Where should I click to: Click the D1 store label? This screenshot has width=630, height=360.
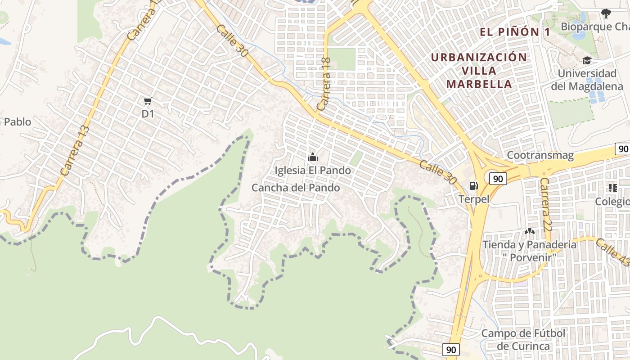(x=148, y=114)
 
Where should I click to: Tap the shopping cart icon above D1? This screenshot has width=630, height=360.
(x=148, y=101)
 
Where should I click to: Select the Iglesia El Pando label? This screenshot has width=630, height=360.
(x=313, y=171)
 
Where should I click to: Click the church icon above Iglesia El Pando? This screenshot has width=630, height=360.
(x=312, y=157)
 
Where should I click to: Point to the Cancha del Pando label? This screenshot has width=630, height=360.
(x=296, y=188)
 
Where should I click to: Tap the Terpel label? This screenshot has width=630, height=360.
(x=474, y=199)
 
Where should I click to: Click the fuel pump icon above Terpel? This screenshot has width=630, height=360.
(x=473, y=185)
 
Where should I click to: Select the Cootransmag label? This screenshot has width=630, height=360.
(x=540, y=156)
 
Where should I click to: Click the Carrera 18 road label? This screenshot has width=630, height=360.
(x=324, y=84)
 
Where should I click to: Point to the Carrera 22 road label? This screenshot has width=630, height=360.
(x=545, y=204)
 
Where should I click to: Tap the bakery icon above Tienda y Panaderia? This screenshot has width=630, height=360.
(x=529, y=232)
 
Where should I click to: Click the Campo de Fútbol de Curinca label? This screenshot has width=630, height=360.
(x=523, y=340)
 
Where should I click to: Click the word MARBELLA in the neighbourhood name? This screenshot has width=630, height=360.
(x=479, y=84)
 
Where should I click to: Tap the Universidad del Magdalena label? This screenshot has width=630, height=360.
(x=587, y=80)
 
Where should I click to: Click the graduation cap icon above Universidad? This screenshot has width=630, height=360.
(x=587, y=60)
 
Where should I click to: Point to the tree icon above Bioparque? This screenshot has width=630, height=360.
(x=606, y=13)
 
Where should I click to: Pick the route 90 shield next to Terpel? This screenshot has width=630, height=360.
(x=498, y=179)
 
